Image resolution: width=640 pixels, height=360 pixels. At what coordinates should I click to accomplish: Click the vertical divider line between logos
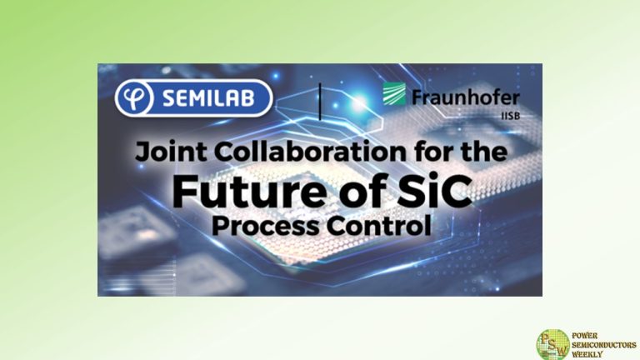tap(321, 99)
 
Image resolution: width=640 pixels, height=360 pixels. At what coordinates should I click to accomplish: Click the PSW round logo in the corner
tap(552, 343)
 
